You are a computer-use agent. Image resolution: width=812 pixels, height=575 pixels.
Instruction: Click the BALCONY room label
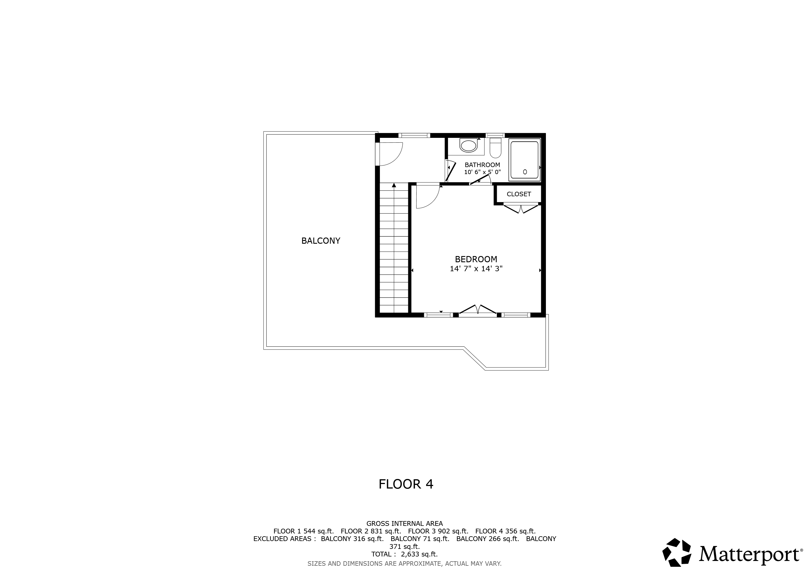click(x=320, y=241)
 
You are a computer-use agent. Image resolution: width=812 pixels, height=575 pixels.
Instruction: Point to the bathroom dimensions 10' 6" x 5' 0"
click(x=482, y=172)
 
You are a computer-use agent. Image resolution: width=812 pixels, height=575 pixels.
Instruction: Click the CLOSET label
click(x=518, y=194)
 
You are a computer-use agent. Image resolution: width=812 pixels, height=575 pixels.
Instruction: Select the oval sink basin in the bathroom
click(x=469, y=145)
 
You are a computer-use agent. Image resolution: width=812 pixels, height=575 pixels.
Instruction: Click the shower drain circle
click(x=525, y=172)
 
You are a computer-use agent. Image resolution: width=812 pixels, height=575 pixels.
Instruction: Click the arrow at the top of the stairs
click(x=394, y=185)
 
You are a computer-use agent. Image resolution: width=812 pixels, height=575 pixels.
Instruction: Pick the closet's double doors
click(x=521, y=209)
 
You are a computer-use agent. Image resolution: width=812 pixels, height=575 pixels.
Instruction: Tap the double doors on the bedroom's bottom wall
click(x=478, y=309)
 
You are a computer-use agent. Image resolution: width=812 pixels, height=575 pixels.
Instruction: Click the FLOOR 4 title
click(x=406, y=484)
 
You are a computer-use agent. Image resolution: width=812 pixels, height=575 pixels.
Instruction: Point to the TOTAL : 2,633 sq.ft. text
click(x=404, y=554)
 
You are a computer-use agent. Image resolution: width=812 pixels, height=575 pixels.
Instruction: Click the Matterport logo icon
click(x=677, y=552)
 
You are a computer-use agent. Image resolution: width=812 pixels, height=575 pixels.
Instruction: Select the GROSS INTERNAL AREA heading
click(x=404, y=523)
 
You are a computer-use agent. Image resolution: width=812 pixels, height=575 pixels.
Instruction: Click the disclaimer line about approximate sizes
click(x=404, y=563)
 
